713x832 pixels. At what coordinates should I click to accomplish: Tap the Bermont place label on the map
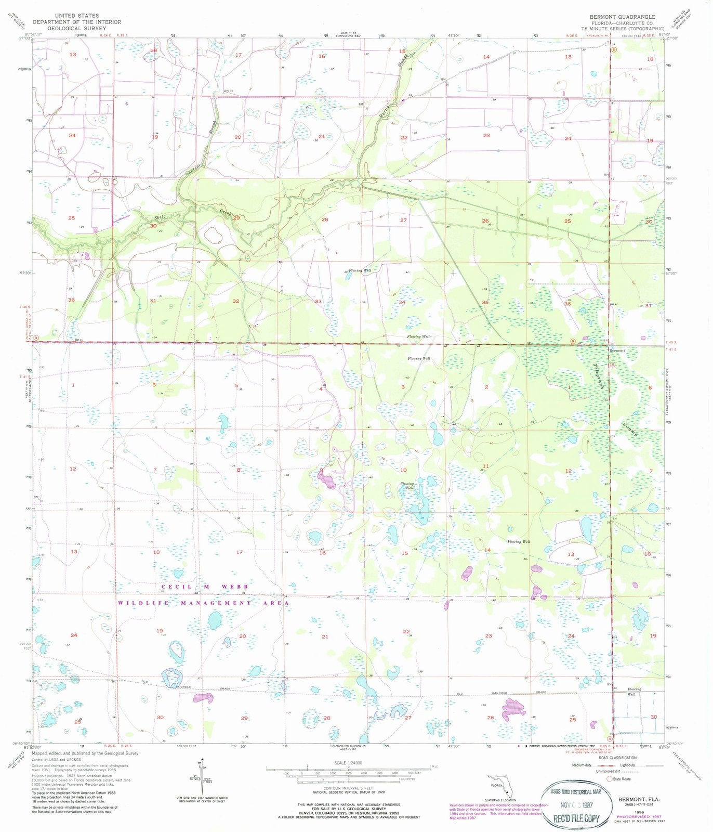tap(618, 350)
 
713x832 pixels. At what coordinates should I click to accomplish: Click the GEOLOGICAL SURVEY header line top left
tap(77, 29)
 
